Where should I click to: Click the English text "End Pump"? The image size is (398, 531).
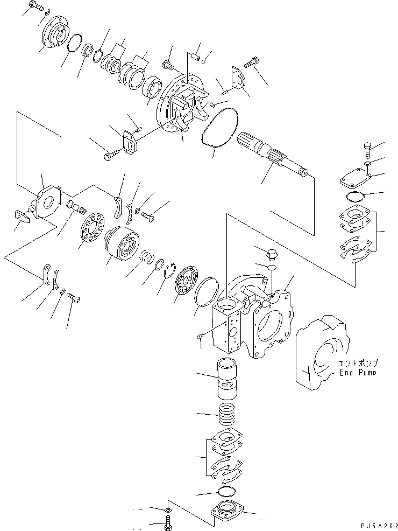coord(357,372)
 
